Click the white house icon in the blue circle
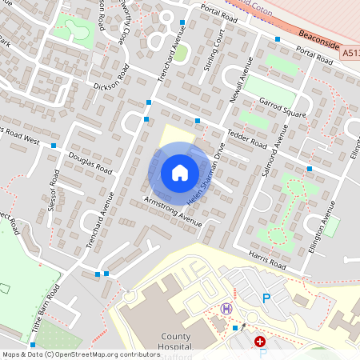[179, 172]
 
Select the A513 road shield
[352, 53]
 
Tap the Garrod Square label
[283, 106]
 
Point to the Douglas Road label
[90, 162]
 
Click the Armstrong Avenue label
[173, 210]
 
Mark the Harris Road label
[266, 258]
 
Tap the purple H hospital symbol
[226, 309]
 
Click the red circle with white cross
[260, 342]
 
